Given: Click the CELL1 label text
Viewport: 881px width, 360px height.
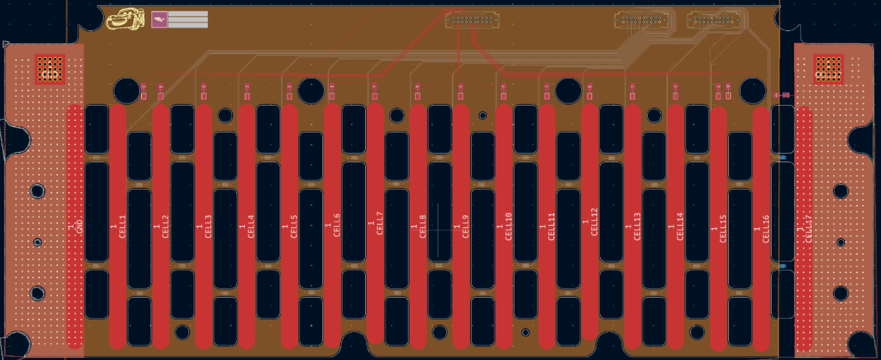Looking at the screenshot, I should tap(122, 226).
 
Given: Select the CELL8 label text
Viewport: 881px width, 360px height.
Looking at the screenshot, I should tap(423, 226).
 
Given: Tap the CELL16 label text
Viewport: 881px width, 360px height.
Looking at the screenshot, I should tap(766, 226).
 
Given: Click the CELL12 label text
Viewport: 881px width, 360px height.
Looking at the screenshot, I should tap(595, 222).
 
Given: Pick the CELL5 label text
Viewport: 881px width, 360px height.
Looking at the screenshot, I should tap(294, 226).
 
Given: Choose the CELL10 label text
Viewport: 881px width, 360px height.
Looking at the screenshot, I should tap(509, 225).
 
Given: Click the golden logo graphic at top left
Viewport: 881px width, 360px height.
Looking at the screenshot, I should tap(125, 20).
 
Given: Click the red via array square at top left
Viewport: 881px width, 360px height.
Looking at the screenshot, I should tap(49, 69).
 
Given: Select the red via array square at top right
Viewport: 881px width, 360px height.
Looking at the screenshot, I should tap(828, 69).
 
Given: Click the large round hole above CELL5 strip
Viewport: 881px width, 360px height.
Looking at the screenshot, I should tap(311, 91).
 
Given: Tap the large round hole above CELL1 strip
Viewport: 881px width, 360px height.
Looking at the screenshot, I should tap(127, 91).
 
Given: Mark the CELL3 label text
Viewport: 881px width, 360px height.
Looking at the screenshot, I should tap(209, 226).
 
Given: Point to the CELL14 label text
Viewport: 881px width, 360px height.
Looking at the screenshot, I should tap(680, 226).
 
